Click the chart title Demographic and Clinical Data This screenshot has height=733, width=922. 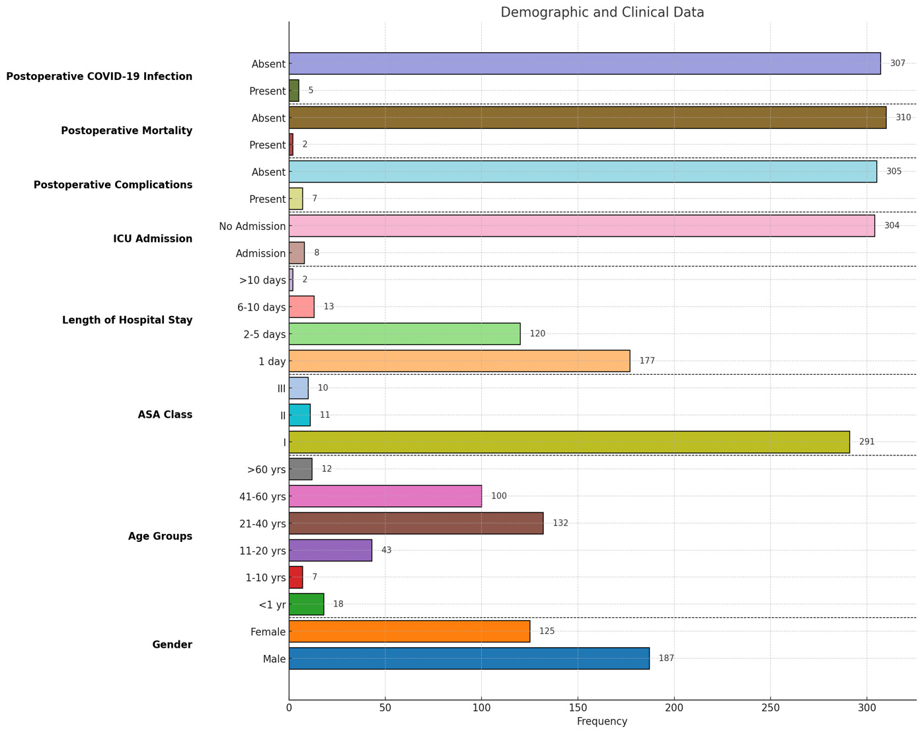(x=602, y=12)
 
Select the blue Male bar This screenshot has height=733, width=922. (x=469, y=658)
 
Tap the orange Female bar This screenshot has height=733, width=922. (x=409, y=631)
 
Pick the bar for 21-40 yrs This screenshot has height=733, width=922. (x=416, y=523)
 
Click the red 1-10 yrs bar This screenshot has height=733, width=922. (x=295, y=577)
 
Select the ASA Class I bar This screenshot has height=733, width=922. (x=569, y=442)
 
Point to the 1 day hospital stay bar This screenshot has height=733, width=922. (x=459, y=361)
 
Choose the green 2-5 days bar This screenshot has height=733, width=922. (x=404, y=334)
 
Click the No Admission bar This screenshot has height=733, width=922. (x=582, y=225)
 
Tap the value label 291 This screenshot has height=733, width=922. (x=866, y=442)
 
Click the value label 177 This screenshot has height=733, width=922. (x=646, y=361)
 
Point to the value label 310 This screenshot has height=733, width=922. (x=903, y=118)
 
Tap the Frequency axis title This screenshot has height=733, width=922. (x=602, y=722)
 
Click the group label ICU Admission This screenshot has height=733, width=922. (x=153, y=239)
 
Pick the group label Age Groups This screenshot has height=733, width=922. (x=160, y=536)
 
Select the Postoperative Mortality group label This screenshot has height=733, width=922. (x=126, y=130)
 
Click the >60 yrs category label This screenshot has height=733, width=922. (x=266, y=469)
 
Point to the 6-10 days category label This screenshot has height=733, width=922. (x=262, y=307)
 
